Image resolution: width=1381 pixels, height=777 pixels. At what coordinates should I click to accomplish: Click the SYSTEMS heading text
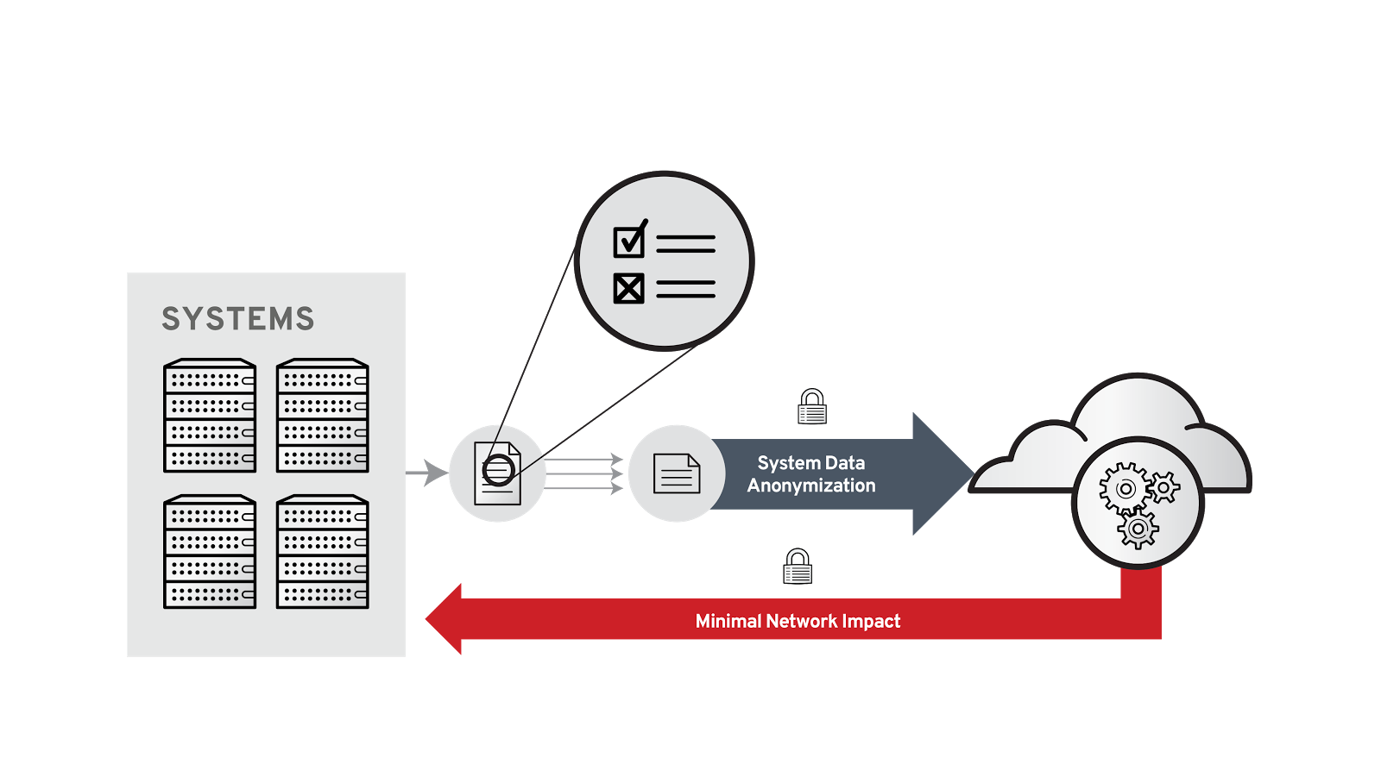pyautogui.click(x=238, y=319)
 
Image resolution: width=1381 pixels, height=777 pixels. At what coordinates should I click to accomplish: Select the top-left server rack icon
pyautogui.click(x=210, y=416)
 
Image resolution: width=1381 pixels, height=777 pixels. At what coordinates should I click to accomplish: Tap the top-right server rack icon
pyautogui.click(x=322, y=416)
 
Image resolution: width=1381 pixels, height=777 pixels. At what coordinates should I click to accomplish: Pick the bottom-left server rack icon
pyautogui.click(x=210, y=552)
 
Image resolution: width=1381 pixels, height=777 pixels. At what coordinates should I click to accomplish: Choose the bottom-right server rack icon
pyautogui.click(x=322, y=552)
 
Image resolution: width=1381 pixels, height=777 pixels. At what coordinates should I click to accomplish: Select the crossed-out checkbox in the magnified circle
pyautogui.click(x=628, y=288)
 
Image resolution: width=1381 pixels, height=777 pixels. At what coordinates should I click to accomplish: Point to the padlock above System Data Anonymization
pyautogui.click(x=812, y=407)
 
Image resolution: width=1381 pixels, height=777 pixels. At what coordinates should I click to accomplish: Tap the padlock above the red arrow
pyautogui.click(x=798, y=567)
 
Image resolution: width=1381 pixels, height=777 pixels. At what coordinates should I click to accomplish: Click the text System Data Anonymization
pyautogui.click(x=811, y=474)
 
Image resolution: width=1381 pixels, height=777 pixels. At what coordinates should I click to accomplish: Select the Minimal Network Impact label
pyautogui.click(x=798, y=621)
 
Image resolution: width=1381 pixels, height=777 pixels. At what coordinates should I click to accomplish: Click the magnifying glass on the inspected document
pyautogui.click(x=498, y=470)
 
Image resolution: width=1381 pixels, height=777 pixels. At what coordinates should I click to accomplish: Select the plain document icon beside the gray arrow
pyautogui.click(x=677, y=473)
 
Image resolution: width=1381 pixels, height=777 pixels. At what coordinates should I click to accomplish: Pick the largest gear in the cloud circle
pyautogui.click(x=1124, y=488)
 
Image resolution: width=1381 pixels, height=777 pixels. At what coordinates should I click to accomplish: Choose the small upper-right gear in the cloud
pyautogui.click(x=1164, y=487)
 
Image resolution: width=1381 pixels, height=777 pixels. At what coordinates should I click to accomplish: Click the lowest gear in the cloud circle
pyautogui.click(x=1138, y=528)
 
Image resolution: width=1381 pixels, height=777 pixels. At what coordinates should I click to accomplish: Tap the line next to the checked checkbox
pyautogui.click(x=685, y=244)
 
